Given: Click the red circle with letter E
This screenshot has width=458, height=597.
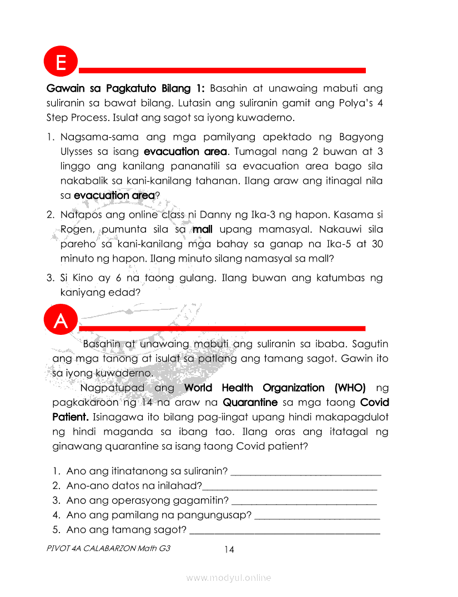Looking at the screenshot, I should point(61,62).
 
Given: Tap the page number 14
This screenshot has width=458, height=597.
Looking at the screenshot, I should point(229,550).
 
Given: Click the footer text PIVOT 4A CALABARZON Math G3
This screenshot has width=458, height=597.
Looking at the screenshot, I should point(109,548).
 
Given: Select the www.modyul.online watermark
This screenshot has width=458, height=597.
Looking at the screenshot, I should point(229,578).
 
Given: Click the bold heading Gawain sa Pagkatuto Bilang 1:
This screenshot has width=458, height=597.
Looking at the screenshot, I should point(126,88).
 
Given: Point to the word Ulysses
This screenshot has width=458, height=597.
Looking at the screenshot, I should point(78,152).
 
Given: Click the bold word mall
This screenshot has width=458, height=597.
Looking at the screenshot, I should point(203,229).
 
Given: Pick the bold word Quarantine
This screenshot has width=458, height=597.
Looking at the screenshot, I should point(250,402).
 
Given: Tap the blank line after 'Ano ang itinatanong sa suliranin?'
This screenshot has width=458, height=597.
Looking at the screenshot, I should point(306,472).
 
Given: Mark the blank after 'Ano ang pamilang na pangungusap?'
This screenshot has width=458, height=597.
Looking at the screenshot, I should point(317,516).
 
